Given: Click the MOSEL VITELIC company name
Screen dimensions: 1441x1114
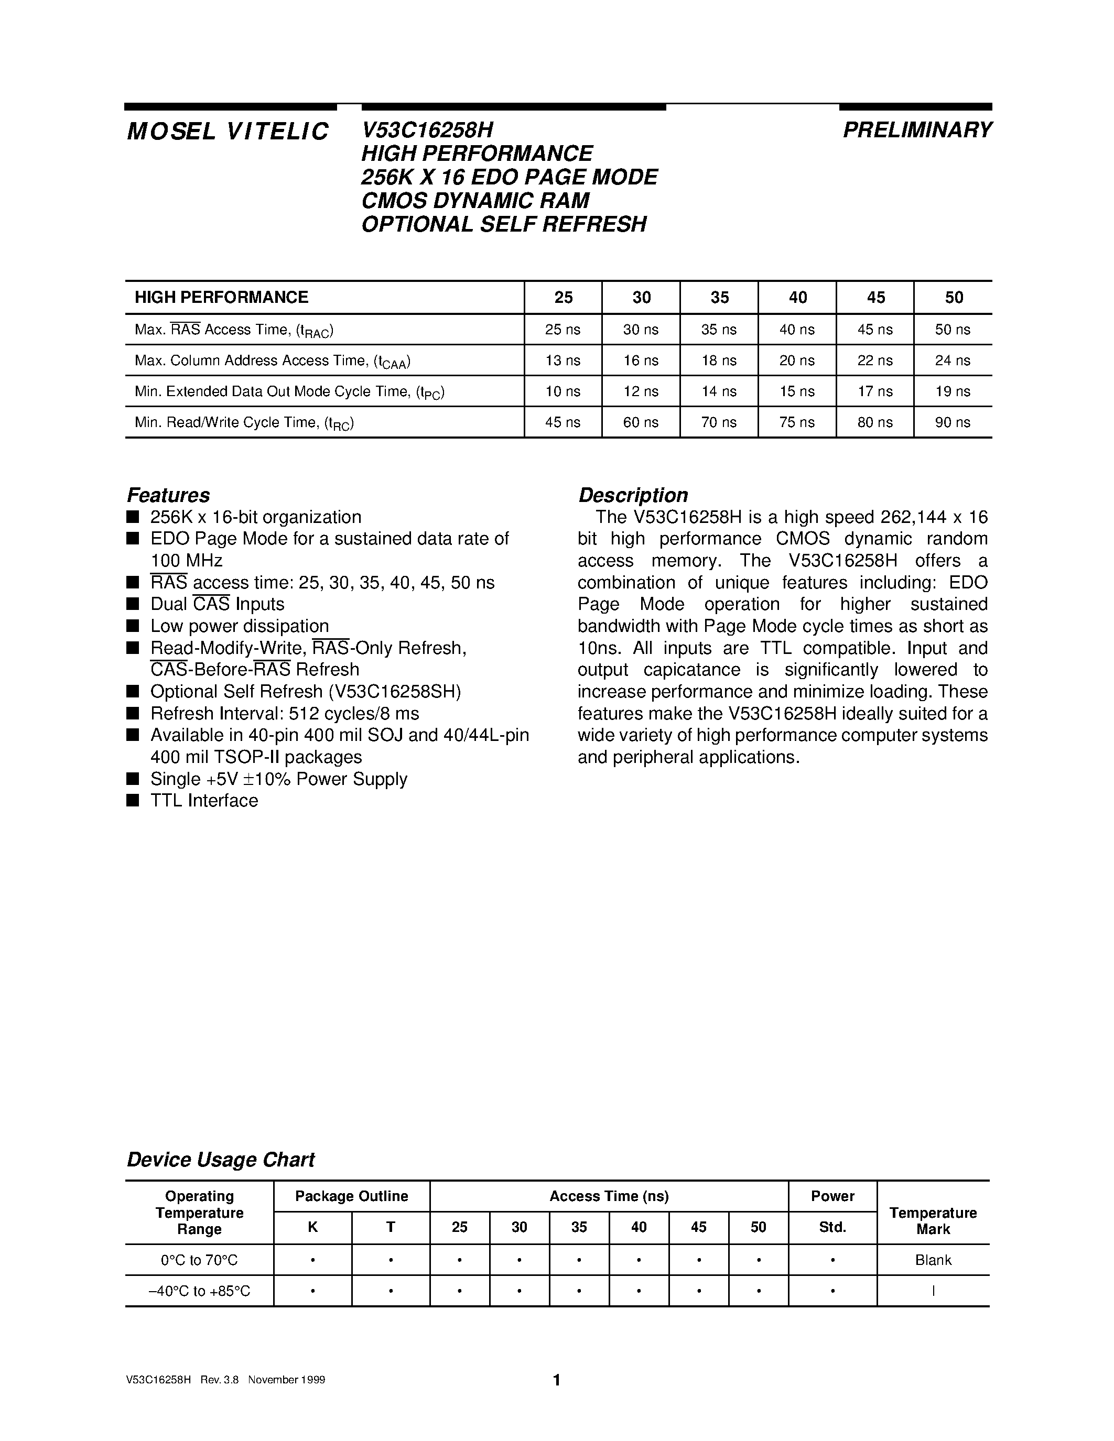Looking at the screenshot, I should [x=228, y=132].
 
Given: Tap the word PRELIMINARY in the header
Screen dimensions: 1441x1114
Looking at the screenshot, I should [x=917, y=130].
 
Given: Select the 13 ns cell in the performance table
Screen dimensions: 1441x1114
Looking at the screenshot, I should [x=563, y=361].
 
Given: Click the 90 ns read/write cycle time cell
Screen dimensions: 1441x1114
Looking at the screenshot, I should [x=953, y=422].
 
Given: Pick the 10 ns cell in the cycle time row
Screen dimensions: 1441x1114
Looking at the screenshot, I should [x=563, y=391].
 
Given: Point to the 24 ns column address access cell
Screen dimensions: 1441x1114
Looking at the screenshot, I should [x=953, y=361].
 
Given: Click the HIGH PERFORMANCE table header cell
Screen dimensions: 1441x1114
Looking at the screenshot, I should [x=222, y=298].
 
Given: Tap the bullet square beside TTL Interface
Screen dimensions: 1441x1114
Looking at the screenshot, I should [x=133, y=800].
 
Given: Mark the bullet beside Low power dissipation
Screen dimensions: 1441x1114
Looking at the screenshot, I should [x=133, y=626].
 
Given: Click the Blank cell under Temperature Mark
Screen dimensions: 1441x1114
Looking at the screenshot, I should [x=933, y=1260].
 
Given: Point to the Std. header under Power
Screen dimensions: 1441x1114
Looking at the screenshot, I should [x=832, y=1227].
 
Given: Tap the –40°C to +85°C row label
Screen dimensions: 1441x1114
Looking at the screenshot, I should [x=199, y=1291].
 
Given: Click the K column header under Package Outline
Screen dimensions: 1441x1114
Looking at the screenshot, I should [x=313, y=1227].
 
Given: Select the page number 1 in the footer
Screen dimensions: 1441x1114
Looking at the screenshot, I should [x=556, y=1380].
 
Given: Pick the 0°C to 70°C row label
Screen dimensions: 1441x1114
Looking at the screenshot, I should [x=199, y=1260].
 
